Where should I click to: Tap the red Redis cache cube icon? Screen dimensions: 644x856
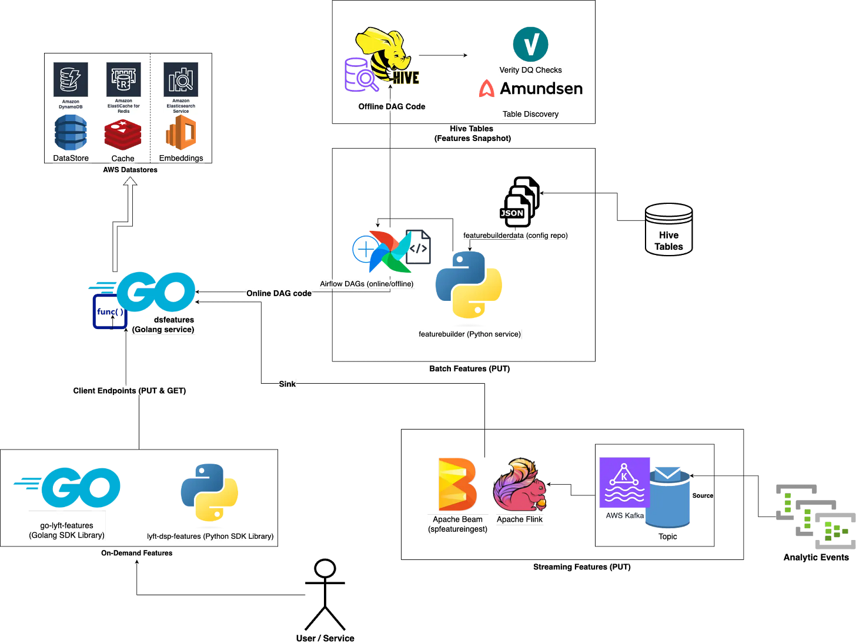(123, 135)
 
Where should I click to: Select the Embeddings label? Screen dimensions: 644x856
(181, 158)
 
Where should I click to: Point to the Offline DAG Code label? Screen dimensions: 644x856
(392, 106)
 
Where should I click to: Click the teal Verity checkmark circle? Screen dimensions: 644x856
(530, 44)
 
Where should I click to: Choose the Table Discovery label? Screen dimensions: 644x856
(530, 114)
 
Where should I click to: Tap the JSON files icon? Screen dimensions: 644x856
(519, 202)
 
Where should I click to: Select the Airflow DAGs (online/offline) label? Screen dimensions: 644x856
(367, 284)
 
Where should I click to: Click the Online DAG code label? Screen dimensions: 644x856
(279, 293)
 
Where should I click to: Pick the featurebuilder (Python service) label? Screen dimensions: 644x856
(469, 334)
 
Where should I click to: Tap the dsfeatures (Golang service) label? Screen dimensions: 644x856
(164, 324)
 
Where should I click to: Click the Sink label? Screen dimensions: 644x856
(287, 384)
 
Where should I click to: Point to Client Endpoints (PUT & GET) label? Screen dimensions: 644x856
(129, 391)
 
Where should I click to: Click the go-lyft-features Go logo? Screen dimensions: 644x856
(73, 487)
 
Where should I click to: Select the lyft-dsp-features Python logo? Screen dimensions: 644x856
(210, 492)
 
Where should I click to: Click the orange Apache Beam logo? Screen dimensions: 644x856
(457, 484)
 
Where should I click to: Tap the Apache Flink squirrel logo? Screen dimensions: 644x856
(520, 485)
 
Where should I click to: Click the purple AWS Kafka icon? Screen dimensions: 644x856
(624, 482)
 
